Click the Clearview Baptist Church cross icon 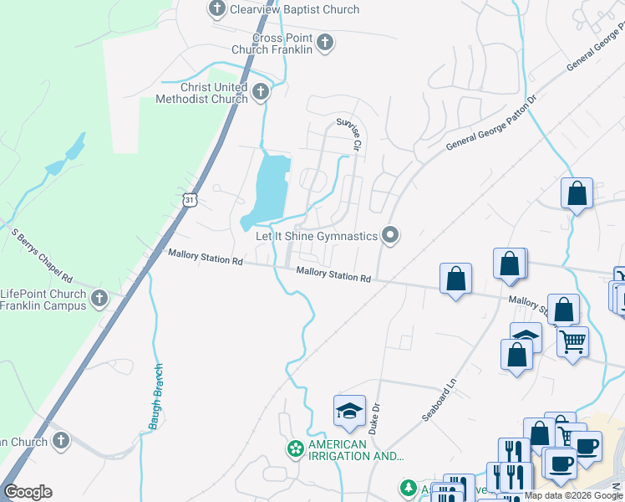click(x=216, y=9)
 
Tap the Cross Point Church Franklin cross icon click(x=325, y=42)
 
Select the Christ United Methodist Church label click(x=202, y=93)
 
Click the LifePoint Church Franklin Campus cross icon click(x=99, y=298)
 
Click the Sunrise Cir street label click(x=348, y=134)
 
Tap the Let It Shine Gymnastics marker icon click(x=389, y=235)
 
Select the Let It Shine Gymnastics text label click(x=317, y=237)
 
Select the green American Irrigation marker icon click(x=295, y=449)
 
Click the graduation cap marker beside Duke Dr click(x=349, y=411)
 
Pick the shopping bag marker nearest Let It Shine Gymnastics click(x=455, y=278)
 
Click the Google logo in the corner click(x=28, y=492)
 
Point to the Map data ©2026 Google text click(x=573, y=496)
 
